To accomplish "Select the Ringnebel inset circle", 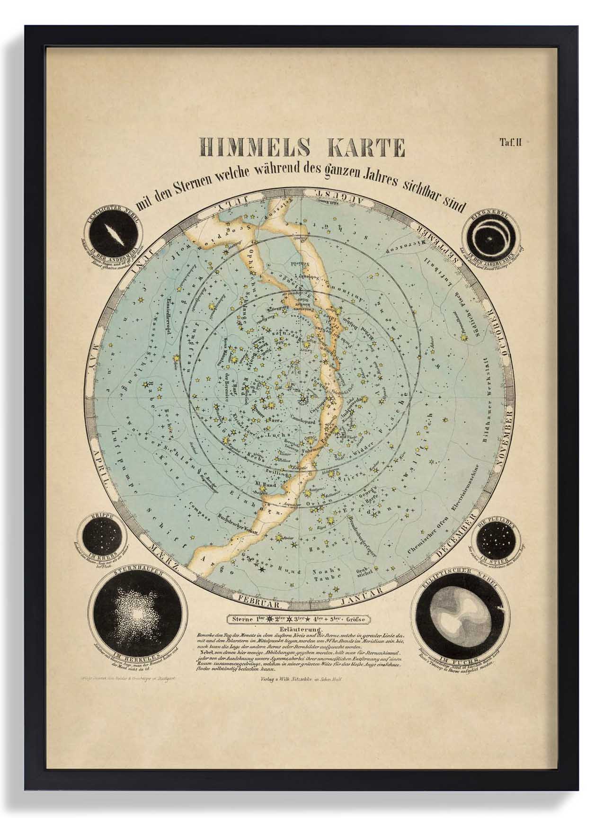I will [490, 236].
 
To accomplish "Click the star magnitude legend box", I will [298, 619].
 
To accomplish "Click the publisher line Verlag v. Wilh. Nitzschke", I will [301, 678].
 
